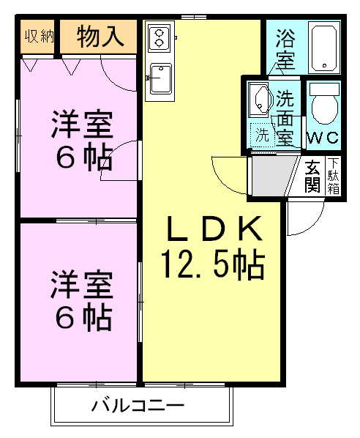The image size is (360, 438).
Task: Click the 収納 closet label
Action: (39, 37)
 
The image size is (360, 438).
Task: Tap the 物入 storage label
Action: (100, 37)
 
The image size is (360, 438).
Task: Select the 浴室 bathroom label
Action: (285, 47)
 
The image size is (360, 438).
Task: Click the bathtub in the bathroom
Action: (323, 48)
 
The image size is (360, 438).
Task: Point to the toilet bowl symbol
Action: (321, 107)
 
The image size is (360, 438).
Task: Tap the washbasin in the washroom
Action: (259, 99)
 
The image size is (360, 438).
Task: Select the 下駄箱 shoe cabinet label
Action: (334, 177)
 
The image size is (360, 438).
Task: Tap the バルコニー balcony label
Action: (138, 405)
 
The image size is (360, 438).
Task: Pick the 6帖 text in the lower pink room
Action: (81, 316)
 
